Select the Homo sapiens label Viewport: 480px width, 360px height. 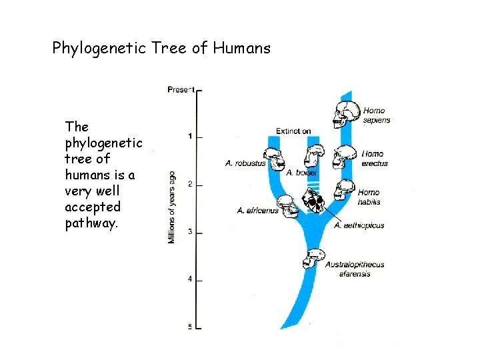[376, 115]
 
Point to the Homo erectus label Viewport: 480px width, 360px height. [374, 159]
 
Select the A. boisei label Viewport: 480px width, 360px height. [302, 173]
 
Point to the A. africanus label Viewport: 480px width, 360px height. [257, 211]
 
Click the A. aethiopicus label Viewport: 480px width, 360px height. [359, 225]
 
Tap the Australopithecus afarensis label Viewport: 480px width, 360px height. [355, 269]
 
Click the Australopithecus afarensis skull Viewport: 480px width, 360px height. [313, 258]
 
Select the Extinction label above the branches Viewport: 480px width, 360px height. [293, 131]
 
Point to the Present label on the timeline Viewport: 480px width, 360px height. [181, 89]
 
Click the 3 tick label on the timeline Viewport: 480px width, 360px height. [190, 232]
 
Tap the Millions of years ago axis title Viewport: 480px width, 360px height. [172, 207]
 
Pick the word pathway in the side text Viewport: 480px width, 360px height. [91, 223]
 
